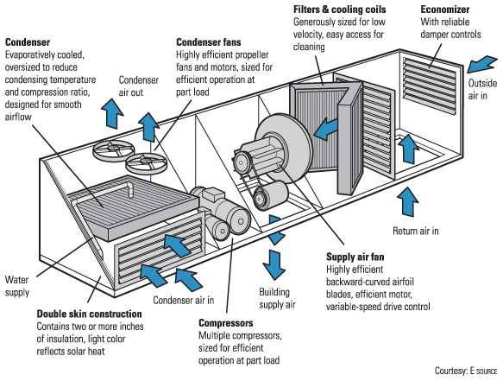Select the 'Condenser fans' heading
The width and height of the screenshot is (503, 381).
[210, 41]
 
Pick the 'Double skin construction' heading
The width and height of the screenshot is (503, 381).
[89, 314]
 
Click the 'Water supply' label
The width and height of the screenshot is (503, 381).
[18, 285]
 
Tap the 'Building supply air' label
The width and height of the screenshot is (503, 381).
[278, 299]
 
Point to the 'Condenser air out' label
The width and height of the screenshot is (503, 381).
[138, 86]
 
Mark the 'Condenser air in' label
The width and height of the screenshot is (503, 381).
[183, 300]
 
